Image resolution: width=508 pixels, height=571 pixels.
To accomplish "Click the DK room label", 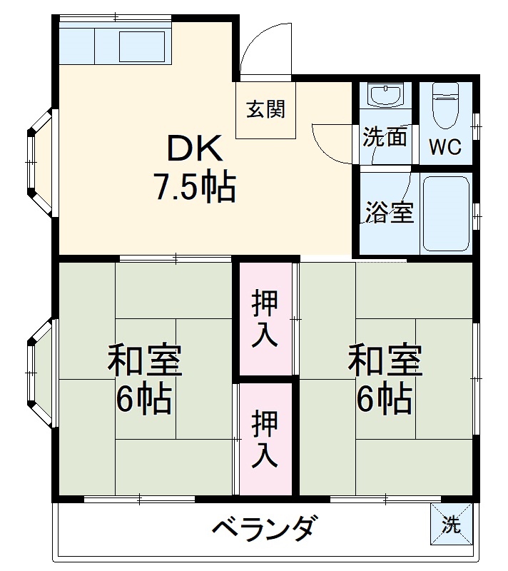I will pos(195,149).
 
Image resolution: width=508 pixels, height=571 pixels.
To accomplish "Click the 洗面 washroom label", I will pos(385,137).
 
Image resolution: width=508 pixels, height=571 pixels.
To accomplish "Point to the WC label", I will pos(444,148).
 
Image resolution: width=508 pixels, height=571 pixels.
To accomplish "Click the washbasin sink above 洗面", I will pos(385,96).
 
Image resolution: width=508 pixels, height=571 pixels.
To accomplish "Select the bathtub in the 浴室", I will pos(446,213).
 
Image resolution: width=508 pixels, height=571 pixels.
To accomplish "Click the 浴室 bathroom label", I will pos(390,213).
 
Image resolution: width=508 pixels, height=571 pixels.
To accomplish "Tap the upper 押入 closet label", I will pos(265,318).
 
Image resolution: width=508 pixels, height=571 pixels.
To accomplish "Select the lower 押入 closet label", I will pos(265,439).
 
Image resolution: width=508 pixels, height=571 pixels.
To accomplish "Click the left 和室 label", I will pos(145,361).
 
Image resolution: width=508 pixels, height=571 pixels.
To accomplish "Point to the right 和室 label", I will pos(385,361).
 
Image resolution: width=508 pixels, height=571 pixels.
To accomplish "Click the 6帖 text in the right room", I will pos(385,399).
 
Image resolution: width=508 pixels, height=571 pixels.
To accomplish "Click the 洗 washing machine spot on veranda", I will pos(451,525).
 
